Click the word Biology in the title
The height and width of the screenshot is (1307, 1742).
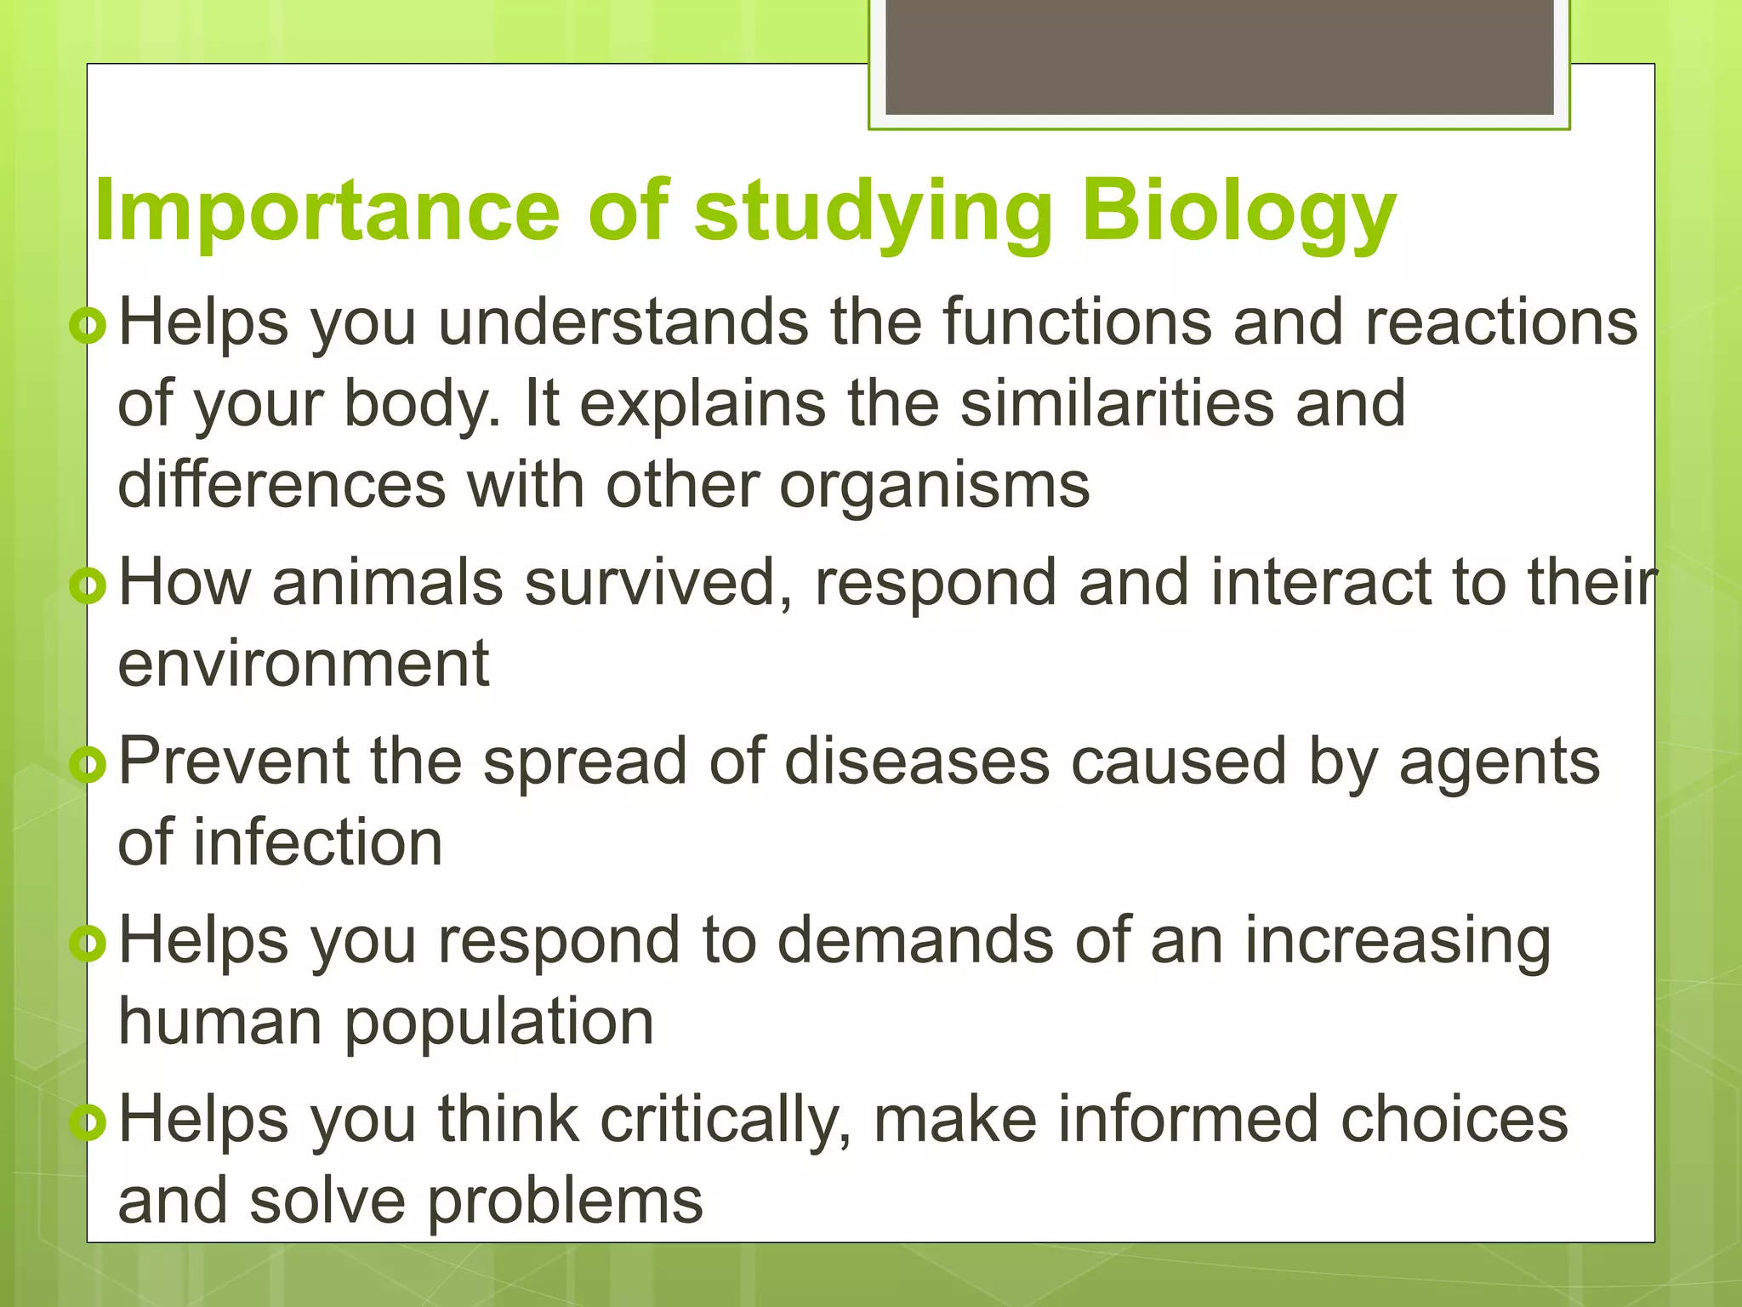[1238, 213]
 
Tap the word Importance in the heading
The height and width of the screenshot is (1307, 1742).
[326, 213]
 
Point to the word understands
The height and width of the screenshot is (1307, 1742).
[623, 323]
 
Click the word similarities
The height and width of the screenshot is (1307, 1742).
[1117, 404]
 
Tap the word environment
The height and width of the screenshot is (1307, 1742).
[304, 665]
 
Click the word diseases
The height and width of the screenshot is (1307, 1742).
[916, 762]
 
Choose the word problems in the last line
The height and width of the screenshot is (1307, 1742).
[565, 1201]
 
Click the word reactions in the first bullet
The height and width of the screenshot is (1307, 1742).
[1500, 323]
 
